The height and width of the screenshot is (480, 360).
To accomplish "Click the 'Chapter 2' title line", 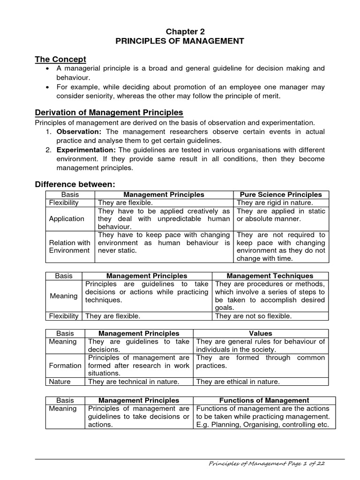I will click(x=180, y=31).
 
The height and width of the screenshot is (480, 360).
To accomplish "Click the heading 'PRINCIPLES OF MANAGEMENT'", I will click(x=180, y=41).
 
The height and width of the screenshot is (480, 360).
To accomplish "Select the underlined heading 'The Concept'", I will click(x=61, y=59).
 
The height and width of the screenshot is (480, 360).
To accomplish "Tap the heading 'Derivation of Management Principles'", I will click(x=109, y=112).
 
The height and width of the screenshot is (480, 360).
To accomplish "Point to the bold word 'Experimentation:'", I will click(x=86, y=150).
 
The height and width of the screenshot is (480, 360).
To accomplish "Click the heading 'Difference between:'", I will click(x=75, y=184).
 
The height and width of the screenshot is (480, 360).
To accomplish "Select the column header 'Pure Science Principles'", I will click(x=281, y=194).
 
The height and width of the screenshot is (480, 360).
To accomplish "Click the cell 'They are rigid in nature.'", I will click(x=275, y=202).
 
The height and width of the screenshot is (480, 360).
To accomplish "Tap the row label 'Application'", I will click(x=67, y=218).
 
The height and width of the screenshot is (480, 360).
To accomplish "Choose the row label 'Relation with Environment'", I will click(x=70, y=247).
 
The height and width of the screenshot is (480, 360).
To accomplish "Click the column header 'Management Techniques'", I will click(x=270, y=276).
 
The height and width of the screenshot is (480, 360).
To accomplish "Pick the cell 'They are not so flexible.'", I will click(x=253, y=316).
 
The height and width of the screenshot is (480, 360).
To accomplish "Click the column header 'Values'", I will click(x=261, y=333).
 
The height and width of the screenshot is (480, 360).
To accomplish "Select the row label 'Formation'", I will click(x=65, y=365).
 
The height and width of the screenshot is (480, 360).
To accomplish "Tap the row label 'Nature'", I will click(x=60, y=382).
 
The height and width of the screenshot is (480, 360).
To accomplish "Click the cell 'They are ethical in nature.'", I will click(x=238, y=382).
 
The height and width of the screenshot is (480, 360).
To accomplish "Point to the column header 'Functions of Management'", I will click(x=264, y=400).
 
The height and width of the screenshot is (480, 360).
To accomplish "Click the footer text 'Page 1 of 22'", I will click(x=303, y=464).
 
